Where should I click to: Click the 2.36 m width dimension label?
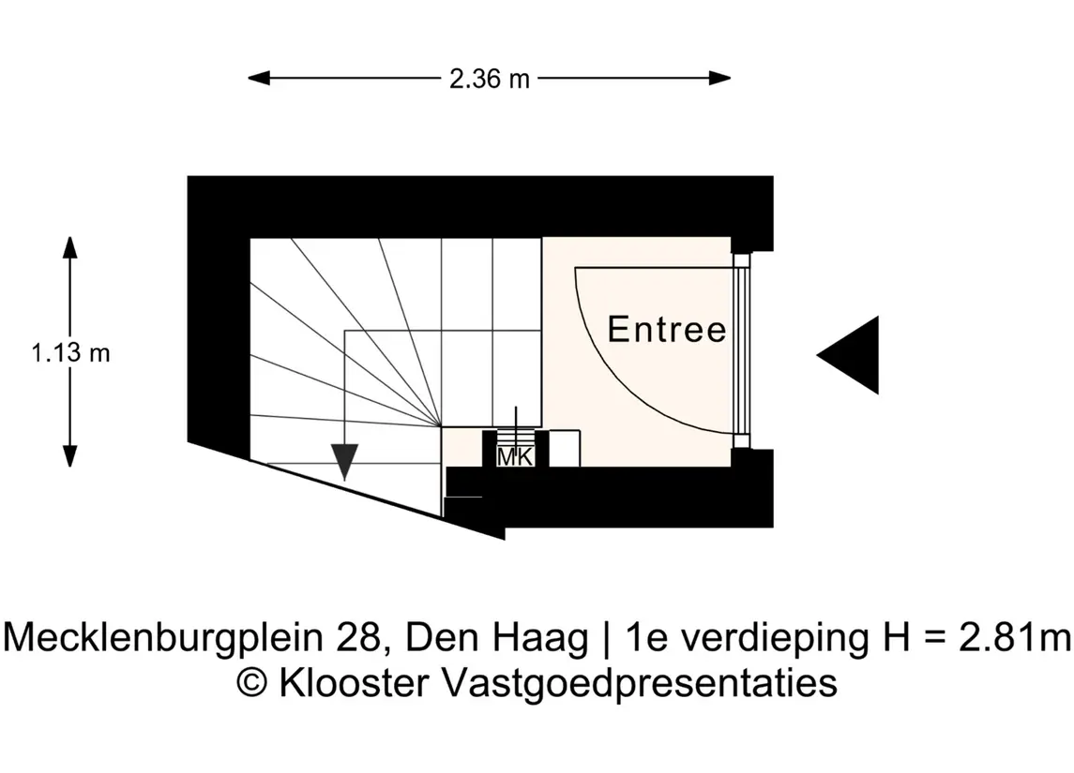[489, 79]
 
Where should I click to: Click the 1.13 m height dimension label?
[70, 353]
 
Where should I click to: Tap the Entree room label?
[667, 329]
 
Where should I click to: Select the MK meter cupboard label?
[515, 457]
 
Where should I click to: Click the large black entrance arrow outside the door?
[848, 355]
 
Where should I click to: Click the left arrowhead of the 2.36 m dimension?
[259, 79]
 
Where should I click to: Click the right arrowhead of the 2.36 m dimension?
[719, 79]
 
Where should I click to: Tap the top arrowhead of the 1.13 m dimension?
[69, 247]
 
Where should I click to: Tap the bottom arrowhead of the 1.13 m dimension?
[69, 456]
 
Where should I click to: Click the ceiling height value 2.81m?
[1015, 637]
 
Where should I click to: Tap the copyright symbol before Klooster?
[252, 683]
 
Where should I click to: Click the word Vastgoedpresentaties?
[640, 683]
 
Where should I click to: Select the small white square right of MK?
[565, 448]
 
